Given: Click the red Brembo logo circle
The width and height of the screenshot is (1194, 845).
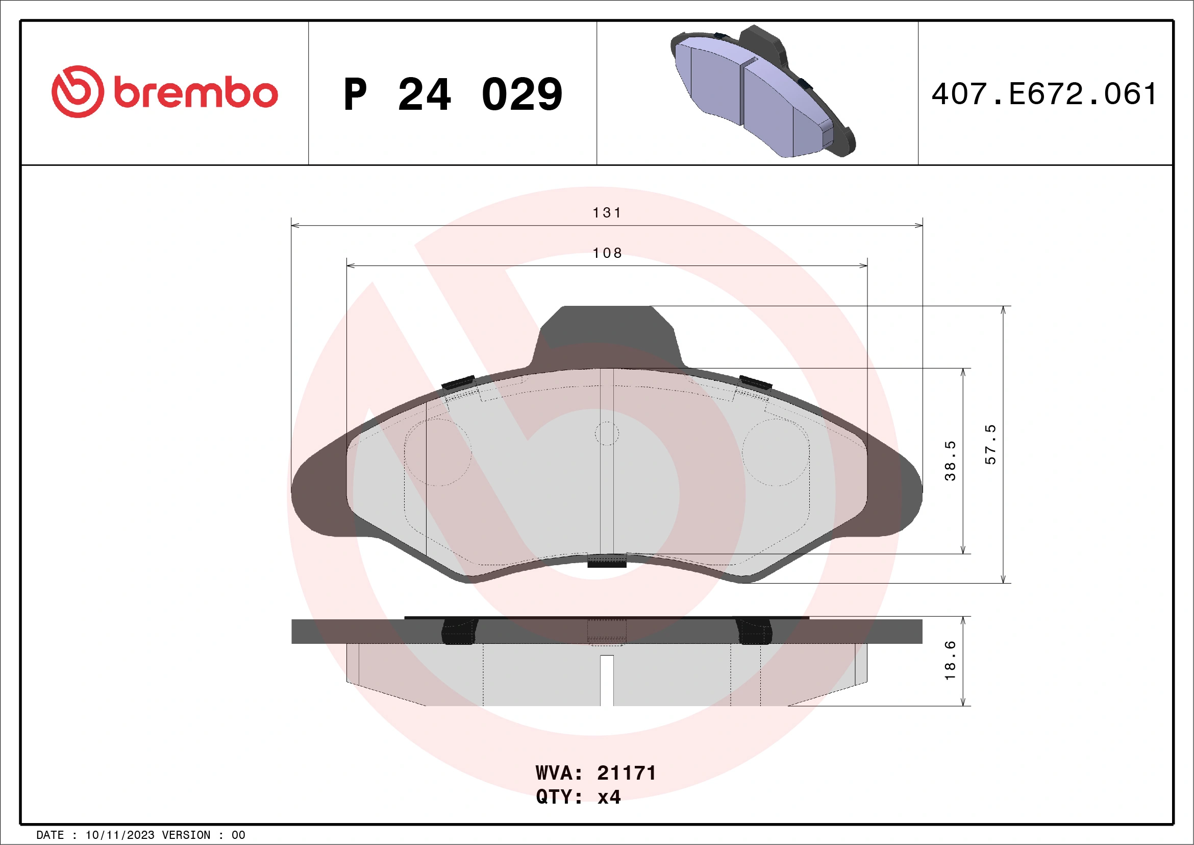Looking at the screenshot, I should pos(78,91).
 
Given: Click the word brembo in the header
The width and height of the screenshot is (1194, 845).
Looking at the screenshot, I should pos(195,93).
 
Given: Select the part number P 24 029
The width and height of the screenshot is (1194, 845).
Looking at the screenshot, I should pos(453,94).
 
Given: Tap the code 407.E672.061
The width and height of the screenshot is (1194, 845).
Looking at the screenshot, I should pos(1043,94).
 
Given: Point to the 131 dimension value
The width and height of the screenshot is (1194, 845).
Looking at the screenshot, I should pos(607,213).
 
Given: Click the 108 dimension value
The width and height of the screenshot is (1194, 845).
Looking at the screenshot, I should pos(607,253).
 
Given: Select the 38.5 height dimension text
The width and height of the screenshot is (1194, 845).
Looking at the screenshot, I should pos(950,461).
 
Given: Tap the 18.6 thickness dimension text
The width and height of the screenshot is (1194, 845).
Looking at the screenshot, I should pos(950,660).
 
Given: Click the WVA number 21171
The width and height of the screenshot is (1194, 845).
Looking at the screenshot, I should pos(626,773).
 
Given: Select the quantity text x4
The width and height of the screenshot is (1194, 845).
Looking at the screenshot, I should pos(609,797).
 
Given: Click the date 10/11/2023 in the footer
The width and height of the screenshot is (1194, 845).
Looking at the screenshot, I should pos(119,835).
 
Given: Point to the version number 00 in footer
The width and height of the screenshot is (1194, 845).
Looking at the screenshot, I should pos(238,835).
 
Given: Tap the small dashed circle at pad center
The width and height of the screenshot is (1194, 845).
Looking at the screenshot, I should pos(606,433).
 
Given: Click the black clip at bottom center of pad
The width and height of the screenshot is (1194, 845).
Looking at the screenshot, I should pos(606,561).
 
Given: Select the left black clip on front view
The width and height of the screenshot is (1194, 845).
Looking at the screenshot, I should pos(458,383).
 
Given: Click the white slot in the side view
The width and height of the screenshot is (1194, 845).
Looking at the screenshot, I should pos(606,680).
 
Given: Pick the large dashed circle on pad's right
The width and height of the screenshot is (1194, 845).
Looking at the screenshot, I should pos(776,452).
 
